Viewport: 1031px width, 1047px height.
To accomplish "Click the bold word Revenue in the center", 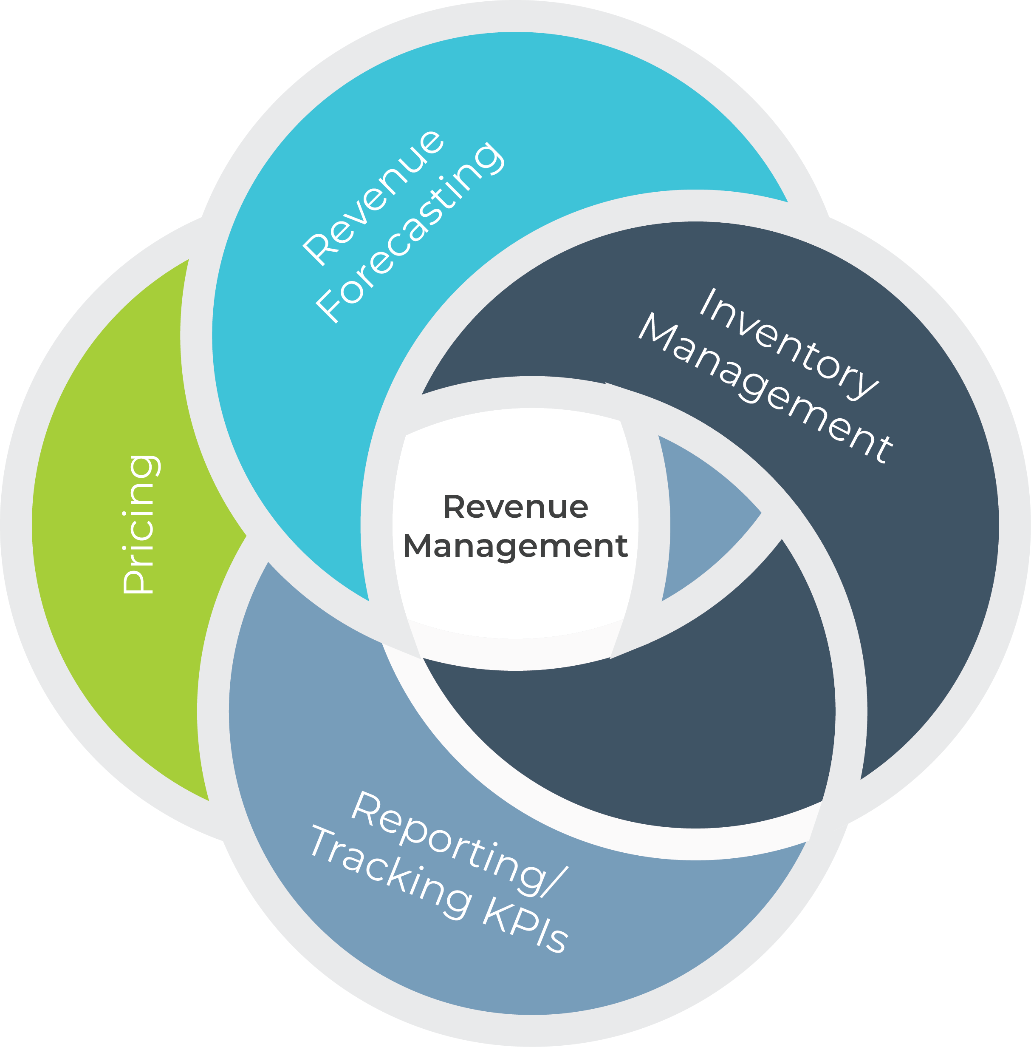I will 516,507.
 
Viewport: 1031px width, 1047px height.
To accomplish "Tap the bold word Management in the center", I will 516,546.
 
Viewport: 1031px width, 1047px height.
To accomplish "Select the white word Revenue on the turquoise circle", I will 373,198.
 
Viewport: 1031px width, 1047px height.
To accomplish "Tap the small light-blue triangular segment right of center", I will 704,515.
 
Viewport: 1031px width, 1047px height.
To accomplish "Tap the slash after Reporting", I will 554,882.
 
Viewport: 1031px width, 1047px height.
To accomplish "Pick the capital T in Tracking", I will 325,843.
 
